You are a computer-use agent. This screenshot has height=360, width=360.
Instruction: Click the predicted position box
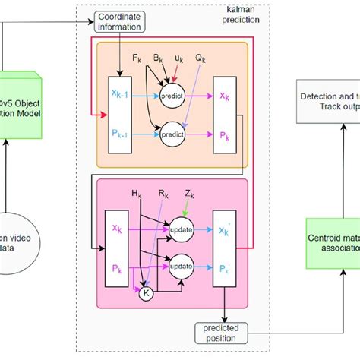(226, 333)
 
